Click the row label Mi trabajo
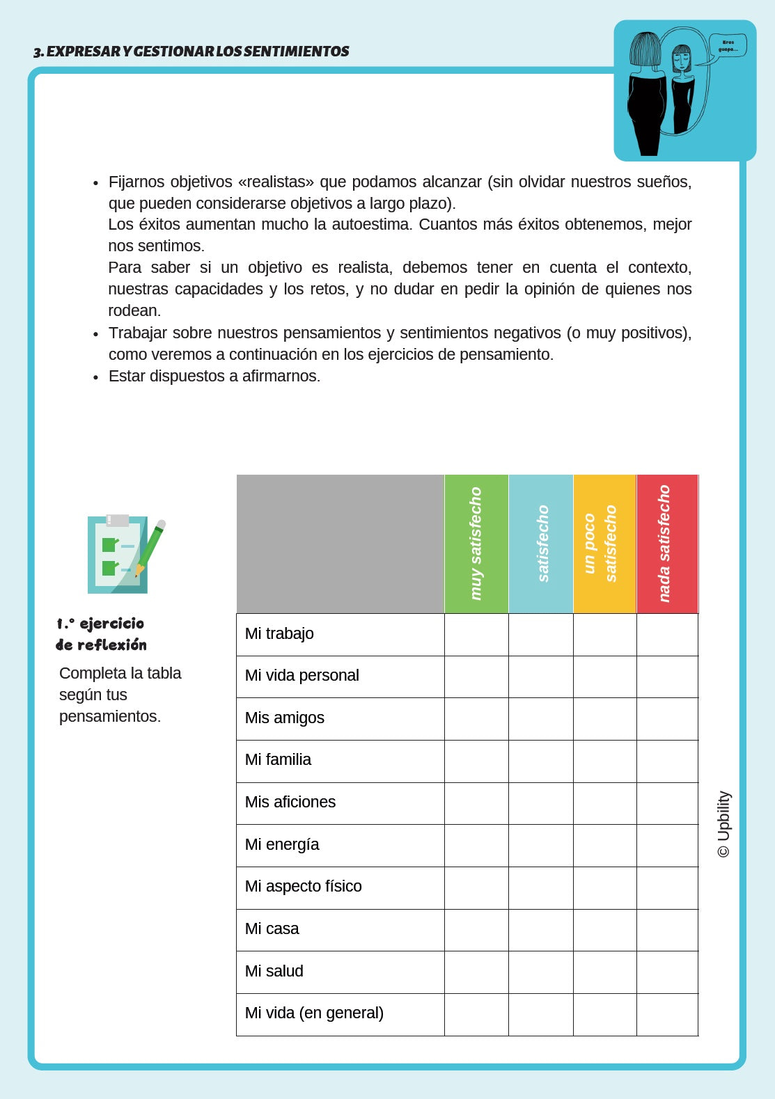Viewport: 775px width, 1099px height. tap(279, 633)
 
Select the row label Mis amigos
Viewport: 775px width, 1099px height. tap(284, 718)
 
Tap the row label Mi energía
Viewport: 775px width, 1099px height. tap(281, 844)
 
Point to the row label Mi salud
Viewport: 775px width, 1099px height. tap(274, 971)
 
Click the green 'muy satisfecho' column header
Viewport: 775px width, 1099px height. tap(476, 544)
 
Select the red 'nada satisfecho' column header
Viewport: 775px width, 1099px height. tap(666, 544)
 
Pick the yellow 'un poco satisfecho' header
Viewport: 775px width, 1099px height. tap(604, 544)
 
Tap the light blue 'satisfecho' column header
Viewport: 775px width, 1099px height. tap(541, 544)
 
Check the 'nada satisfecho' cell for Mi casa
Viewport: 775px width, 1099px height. tap(667, 929)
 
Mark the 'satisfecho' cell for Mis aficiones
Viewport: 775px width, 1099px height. tap(541, 802)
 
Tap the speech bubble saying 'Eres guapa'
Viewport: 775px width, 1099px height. tap(727, 46)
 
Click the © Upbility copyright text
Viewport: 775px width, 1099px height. tap(724, 824)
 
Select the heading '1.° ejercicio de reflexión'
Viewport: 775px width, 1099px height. tap(102, 634)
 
